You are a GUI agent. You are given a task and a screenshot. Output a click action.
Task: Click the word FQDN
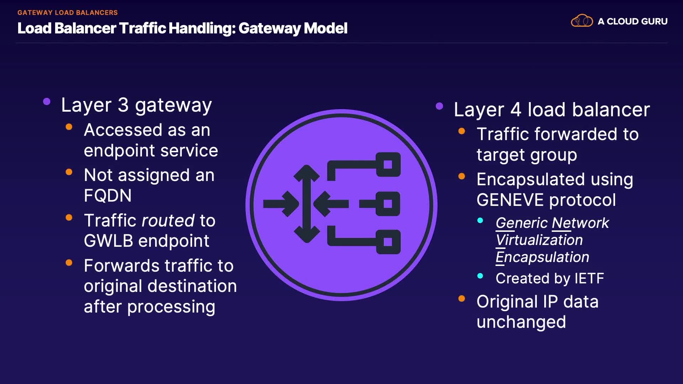click(x=107, y=196)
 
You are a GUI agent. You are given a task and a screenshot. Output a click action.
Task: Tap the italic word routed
click(x=168, y=221)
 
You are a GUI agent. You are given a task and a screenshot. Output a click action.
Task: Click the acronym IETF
click(x=589, y=278)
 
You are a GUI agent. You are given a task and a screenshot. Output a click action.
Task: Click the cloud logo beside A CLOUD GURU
click(x=582, y=21)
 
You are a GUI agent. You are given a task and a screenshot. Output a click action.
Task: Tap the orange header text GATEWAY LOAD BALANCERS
click(x=67, y=12)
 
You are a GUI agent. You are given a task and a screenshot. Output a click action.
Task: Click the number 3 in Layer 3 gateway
click(x=123, y=105)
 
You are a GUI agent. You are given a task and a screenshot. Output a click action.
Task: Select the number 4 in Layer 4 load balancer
click(x=516, y=110)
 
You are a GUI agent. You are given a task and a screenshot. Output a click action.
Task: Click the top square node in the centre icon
click(x=388, y=165)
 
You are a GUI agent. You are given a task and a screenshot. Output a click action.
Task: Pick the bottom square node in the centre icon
click(x=388, y=242)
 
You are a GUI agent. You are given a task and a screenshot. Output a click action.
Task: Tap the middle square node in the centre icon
click(x=388, y=204)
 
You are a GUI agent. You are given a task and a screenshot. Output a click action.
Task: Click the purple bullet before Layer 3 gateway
click(x=47, y=102)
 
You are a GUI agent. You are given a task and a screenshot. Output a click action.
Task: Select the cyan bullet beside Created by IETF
click(x=480, y=276)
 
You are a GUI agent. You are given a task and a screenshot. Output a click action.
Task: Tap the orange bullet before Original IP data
click(x=462, y=299)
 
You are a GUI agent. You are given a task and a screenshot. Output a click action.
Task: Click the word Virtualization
click(x=539, y=240)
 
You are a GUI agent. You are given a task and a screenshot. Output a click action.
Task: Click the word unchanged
click(x=521, y=322)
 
